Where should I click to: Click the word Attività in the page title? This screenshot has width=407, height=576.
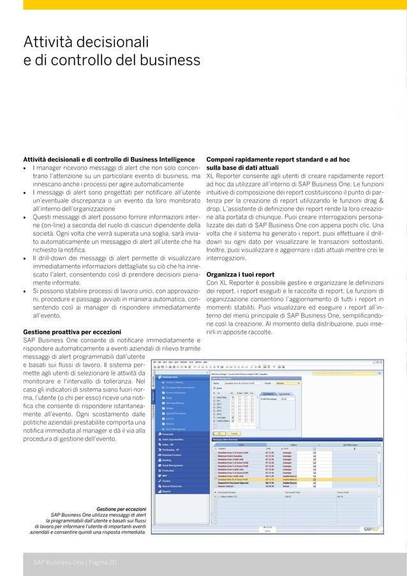(48, 43)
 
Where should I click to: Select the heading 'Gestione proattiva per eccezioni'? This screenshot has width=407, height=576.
(71, 333)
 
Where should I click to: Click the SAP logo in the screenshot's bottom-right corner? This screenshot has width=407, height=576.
(371, 529)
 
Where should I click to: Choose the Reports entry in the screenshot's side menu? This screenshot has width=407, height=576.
(166, 492)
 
